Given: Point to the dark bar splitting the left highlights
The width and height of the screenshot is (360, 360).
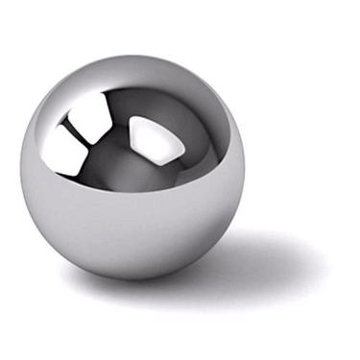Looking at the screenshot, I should click(79, 133).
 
